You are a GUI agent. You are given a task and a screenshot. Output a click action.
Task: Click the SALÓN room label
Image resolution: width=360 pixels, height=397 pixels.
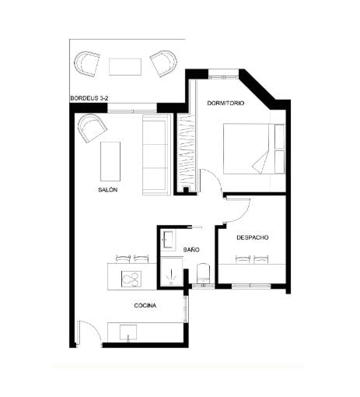point(107,190)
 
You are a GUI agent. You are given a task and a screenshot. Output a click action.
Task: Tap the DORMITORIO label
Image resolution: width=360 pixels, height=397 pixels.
point(226,104)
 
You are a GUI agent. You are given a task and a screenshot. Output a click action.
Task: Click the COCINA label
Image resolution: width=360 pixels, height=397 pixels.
point(145,306)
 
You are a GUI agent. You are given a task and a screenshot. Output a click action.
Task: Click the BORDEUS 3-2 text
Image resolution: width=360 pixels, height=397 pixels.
point(89,99)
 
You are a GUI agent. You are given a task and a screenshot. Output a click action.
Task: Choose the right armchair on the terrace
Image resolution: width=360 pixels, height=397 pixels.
point(164,63)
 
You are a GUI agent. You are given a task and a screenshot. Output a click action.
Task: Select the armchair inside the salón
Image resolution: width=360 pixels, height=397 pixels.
point(91,127)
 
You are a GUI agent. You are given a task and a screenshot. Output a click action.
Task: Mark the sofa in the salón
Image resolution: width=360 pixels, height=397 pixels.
point(154,156)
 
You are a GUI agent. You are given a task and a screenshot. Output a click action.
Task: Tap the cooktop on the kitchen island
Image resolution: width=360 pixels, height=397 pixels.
point(131,278)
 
